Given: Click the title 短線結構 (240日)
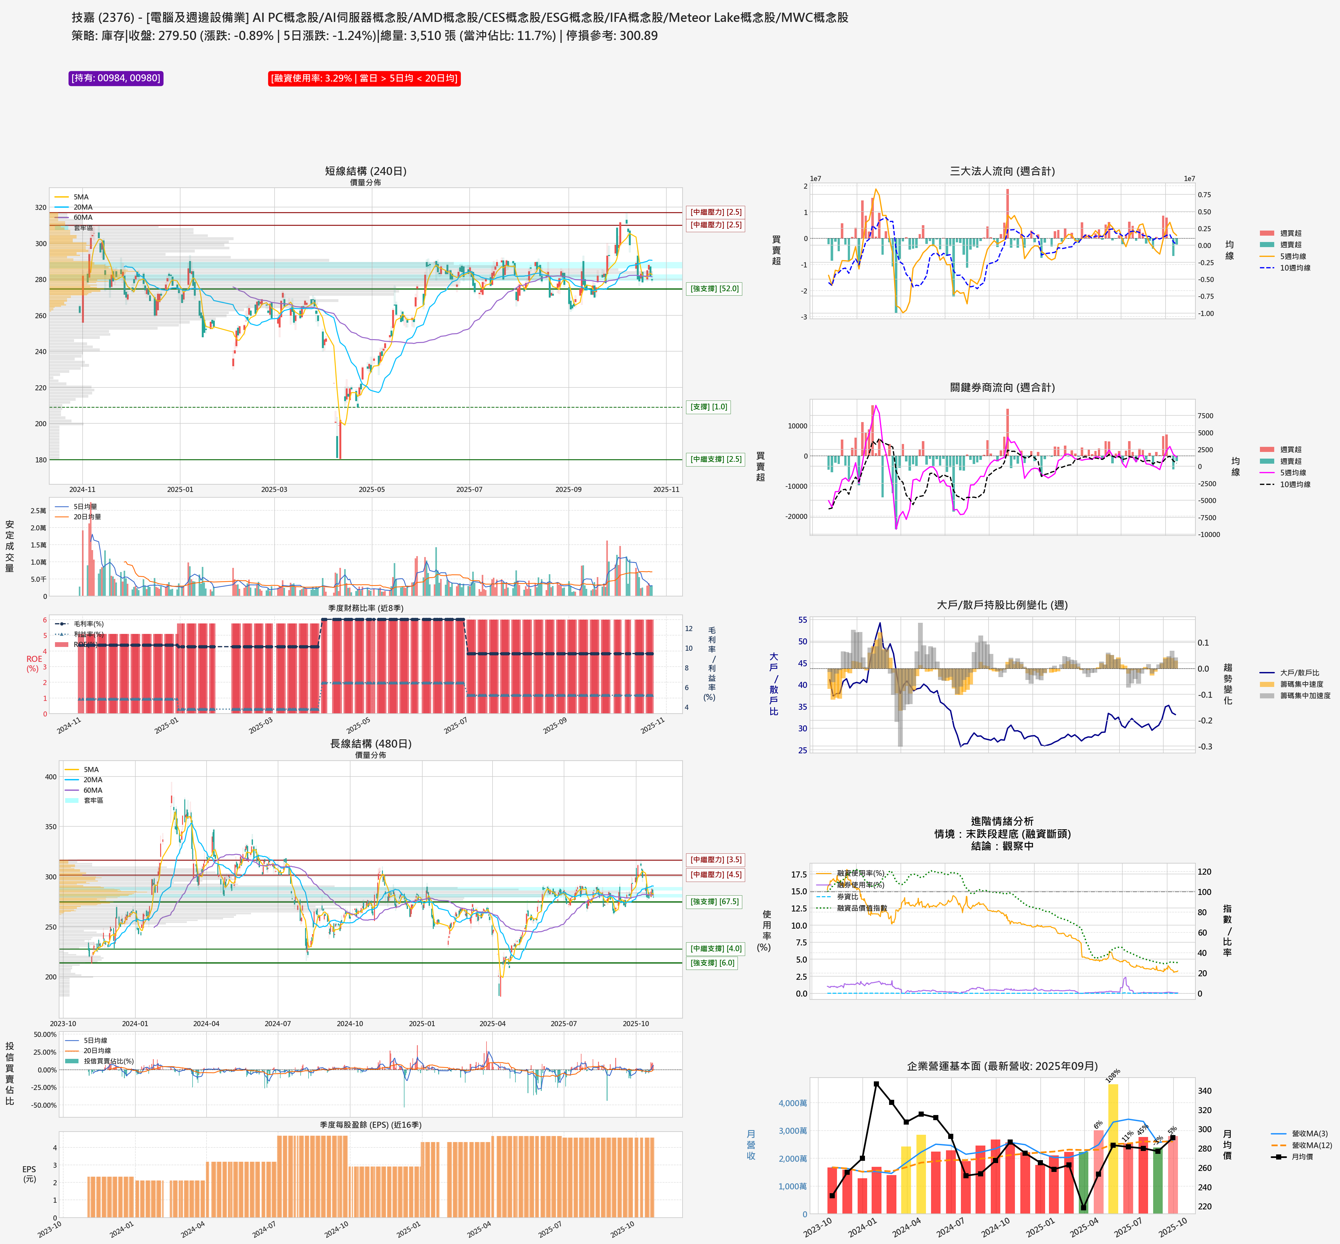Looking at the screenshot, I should click(x=366, y=171).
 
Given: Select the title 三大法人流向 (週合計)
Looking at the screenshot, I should click(x=1002, y=171).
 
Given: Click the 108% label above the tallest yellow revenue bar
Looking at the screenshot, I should click(x=1113, y=1076).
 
